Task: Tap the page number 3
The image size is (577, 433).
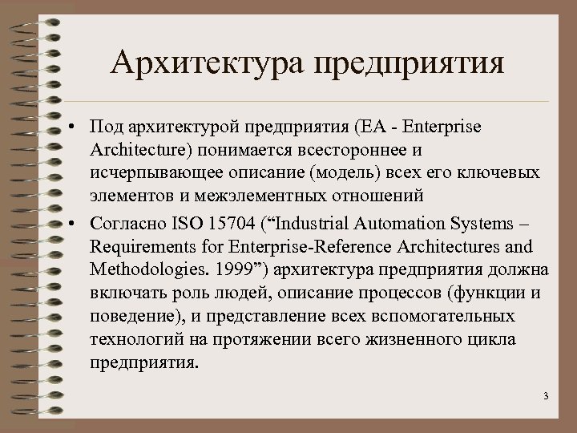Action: coord(545,396)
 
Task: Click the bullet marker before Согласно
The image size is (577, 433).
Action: coord(73,222)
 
